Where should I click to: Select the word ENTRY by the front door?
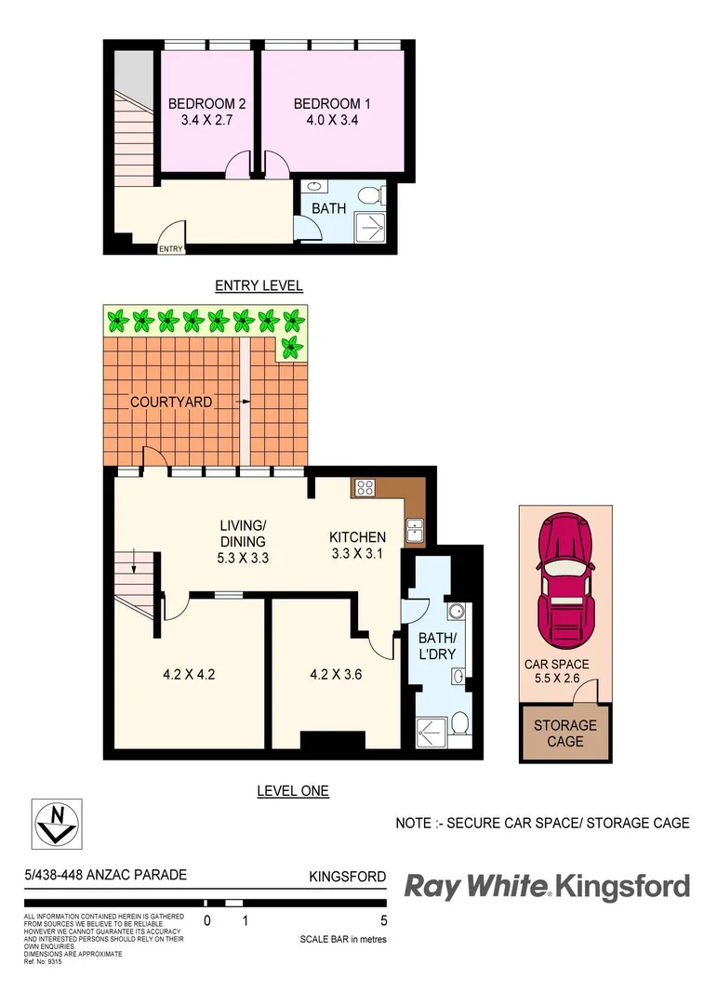[x=170, y=248]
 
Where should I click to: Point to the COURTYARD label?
[x=170, y=402]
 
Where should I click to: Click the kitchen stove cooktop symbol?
[x=363, y=486]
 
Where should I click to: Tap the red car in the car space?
[x=565, y=579]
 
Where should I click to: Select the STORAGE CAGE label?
[x=564, y=733]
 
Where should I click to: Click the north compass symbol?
[x=57, y=823]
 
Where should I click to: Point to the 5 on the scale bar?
[x=383, y=921]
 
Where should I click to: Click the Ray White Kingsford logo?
[x=547, y=886]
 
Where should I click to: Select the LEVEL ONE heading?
[x=292, y=791]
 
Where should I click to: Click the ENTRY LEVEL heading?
[x=259, y=285]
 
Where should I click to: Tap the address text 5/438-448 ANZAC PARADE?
[x=105, y=875]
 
